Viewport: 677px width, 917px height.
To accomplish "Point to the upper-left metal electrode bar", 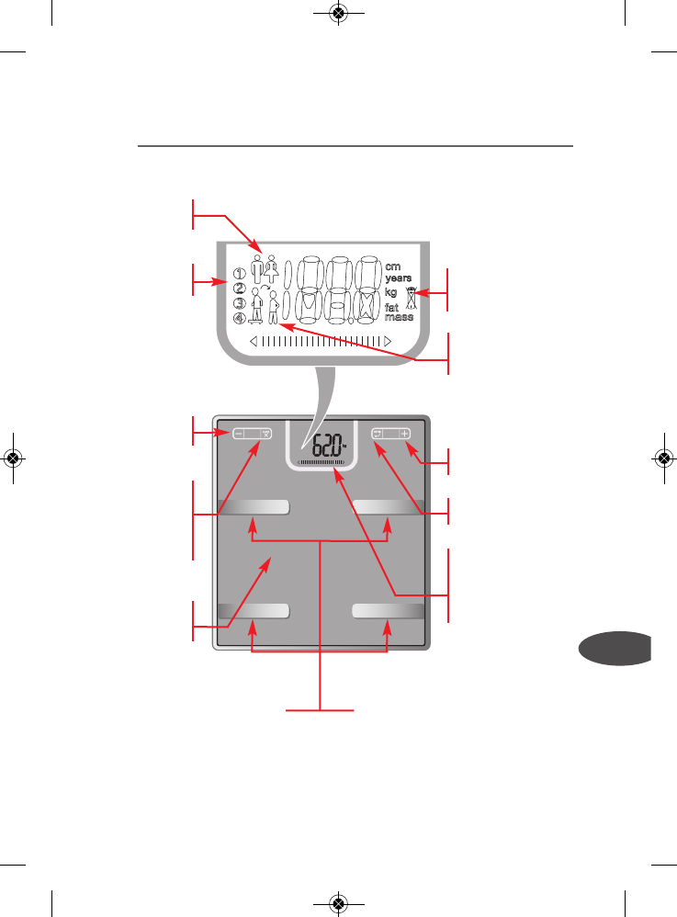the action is [x=254, y=506].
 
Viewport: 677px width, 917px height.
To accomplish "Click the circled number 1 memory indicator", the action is [x=240, y=273].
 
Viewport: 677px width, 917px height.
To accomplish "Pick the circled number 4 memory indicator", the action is [x=240, y=319].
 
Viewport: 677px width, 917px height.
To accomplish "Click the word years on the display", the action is [x=399, y=277].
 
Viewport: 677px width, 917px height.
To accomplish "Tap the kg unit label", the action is [x=391, y=291].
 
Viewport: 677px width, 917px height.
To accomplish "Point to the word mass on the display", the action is [x=398, y=317].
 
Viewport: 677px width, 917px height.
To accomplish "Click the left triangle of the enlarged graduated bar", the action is [x=254, y=341].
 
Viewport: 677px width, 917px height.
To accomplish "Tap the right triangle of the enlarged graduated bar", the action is [x=389, y=341].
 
